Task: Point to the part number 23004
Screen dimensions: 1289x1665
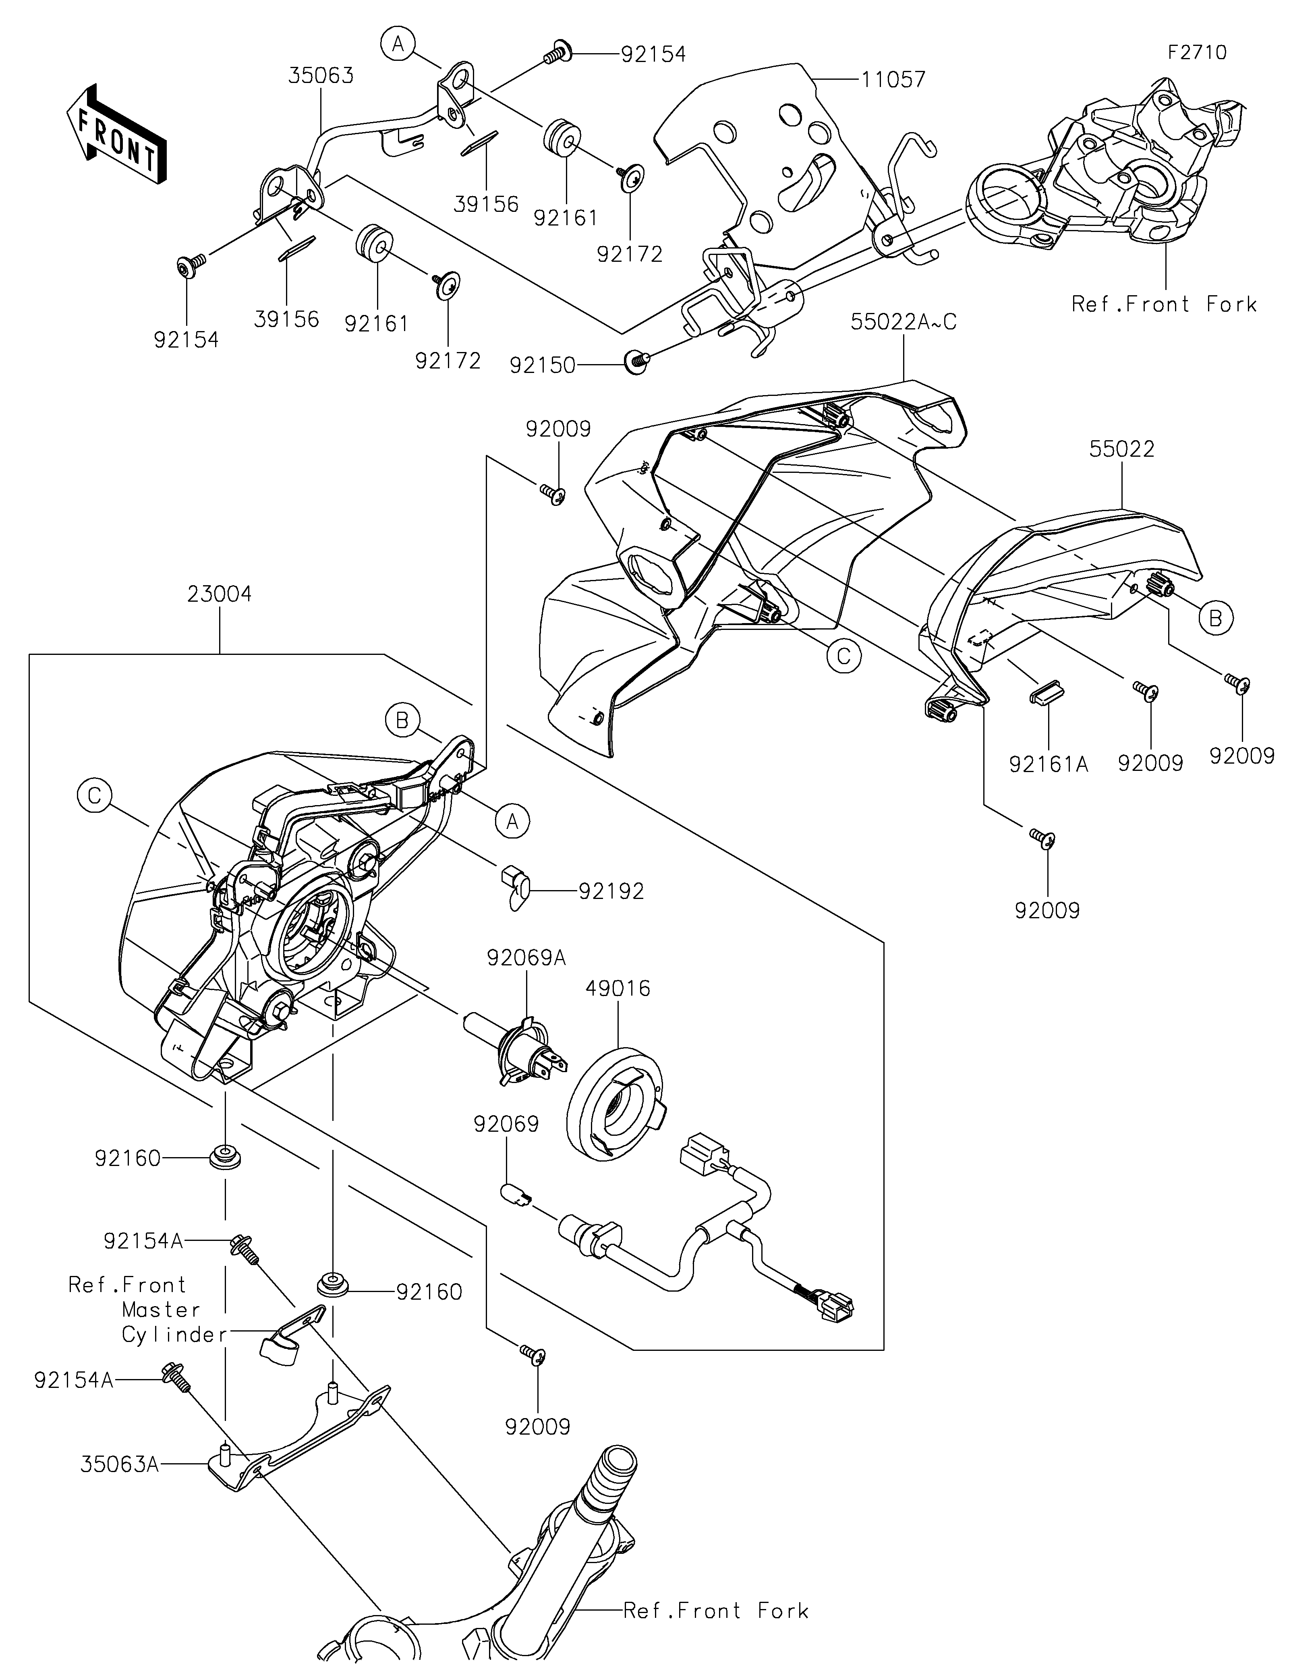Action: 220,594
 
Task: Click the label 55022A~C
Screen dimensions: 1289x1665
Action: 903,322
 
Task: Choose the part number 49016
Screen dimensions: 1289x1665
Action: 618,989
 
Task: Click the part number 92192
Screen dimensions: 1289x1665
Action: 611,890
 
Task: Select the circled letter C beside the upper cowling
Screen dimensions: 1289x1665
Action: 843,656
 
